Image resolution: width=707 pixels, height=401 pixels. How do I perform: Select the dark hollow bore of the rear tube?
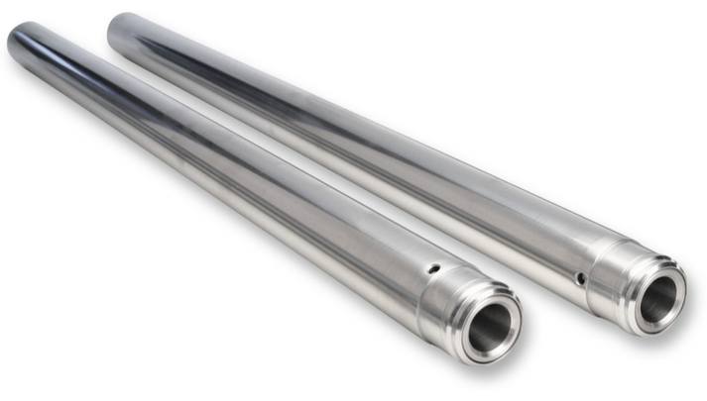pos(657,294)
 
